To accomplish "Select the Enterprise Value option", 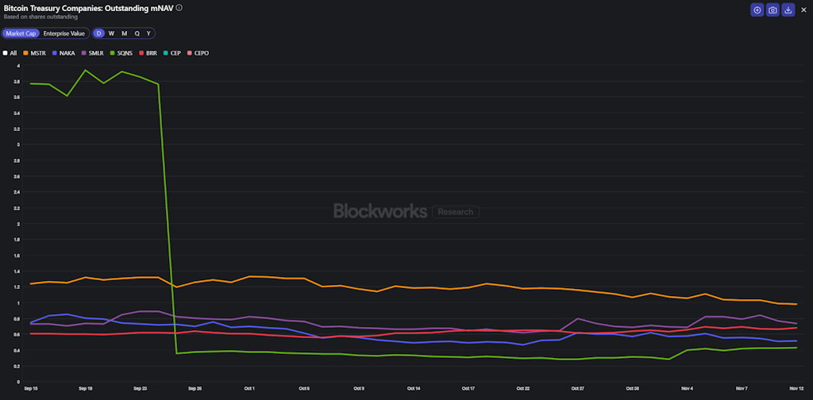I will [x=64, y=33].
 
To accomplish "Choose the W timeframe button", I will [x=111, y=33].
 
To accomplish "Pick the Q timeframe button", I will [x=137, y=33].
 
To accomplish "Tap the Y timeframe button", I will [x=148, y=33].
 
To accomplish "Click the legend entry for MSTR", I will [x=34, y=53].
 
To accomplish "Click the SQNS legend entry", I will [x=121, y=53].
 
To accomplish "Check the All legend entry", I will [x=10, y=53].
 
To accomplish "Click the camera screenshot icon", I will [x=773, y=10].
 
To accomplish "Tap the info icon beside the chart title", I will [x=179, y=7].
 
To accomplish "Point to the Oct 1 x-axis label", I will [x=249, y=388].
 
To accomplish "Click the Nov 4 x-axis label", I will [x=687, y=388].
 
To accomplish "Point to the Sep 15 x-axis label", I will [x=30, y=388].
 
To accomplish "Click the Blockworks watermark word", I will [x=380, y=211].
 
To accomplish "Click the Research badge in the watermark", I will [x=456, y=212].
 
